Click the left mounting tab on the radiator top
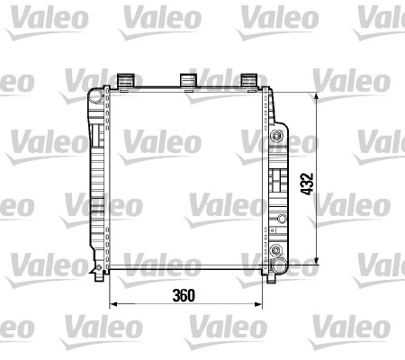126,81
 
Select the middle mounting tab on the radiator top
189,81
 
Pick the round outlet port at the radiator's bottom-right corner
280,266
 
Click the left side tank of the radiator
96,180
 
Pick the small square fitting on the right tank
281,220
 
